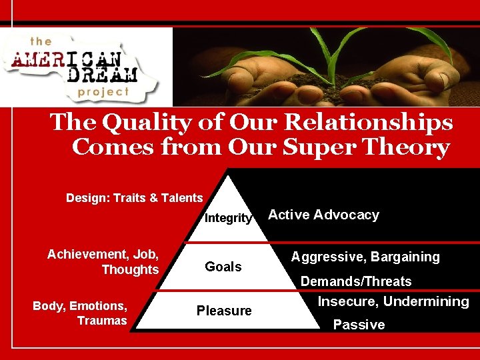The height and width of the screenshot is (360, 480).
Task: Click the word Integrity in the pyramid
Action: pyautogui.click(x=228, y=218)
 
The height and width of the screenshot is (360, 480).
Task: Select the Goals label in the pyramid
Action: pyautogui.click(x=223, y=267)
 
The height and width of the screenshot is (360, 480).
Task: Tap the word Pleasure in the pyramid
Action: pyautogui.click(x=224, y=311)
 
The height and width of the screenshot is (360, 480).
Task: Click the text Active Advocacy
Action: pyautogui.click(x=323, y=215)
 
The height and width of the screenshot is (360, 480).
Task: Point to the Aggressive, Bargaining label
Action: pyautogui.click(x=365, y=257)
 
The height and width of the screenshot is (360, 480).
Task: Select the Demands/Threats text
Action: pyautogui.click(x=356, y=281)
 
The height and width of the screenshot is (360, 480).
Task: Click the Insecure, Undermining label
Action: pyautogui.click(x=393, y=301)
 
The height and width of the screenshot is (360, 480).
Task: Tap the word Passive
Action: pyautogui.click(x=359, y=325)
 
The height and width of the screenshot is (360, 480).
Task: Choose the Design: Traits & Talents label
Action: pyautogui.click(x=134, y=198)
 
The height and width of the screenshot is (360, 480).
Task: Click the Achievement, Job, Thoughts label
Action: pyautogui.click(x=103, y=261)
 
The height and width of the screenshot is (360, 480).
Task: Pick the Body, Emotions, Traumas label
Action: pyautogui.click(x=80, y=313)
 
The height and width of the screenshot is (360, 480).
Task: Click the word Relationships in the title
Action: pyautogui.click(x=367, y=123)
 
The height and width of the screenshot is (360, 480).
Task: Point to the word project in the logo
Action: pyautogui.click(x=103, y=92)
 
